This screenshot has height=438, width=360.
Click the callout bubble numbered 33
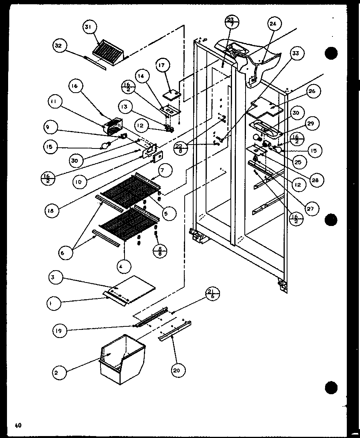click(296, 54)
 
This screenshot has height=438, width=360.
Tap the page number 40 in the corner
click(18, 425)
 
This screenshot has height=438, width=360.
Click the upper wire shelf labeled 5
click(130, 189)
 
